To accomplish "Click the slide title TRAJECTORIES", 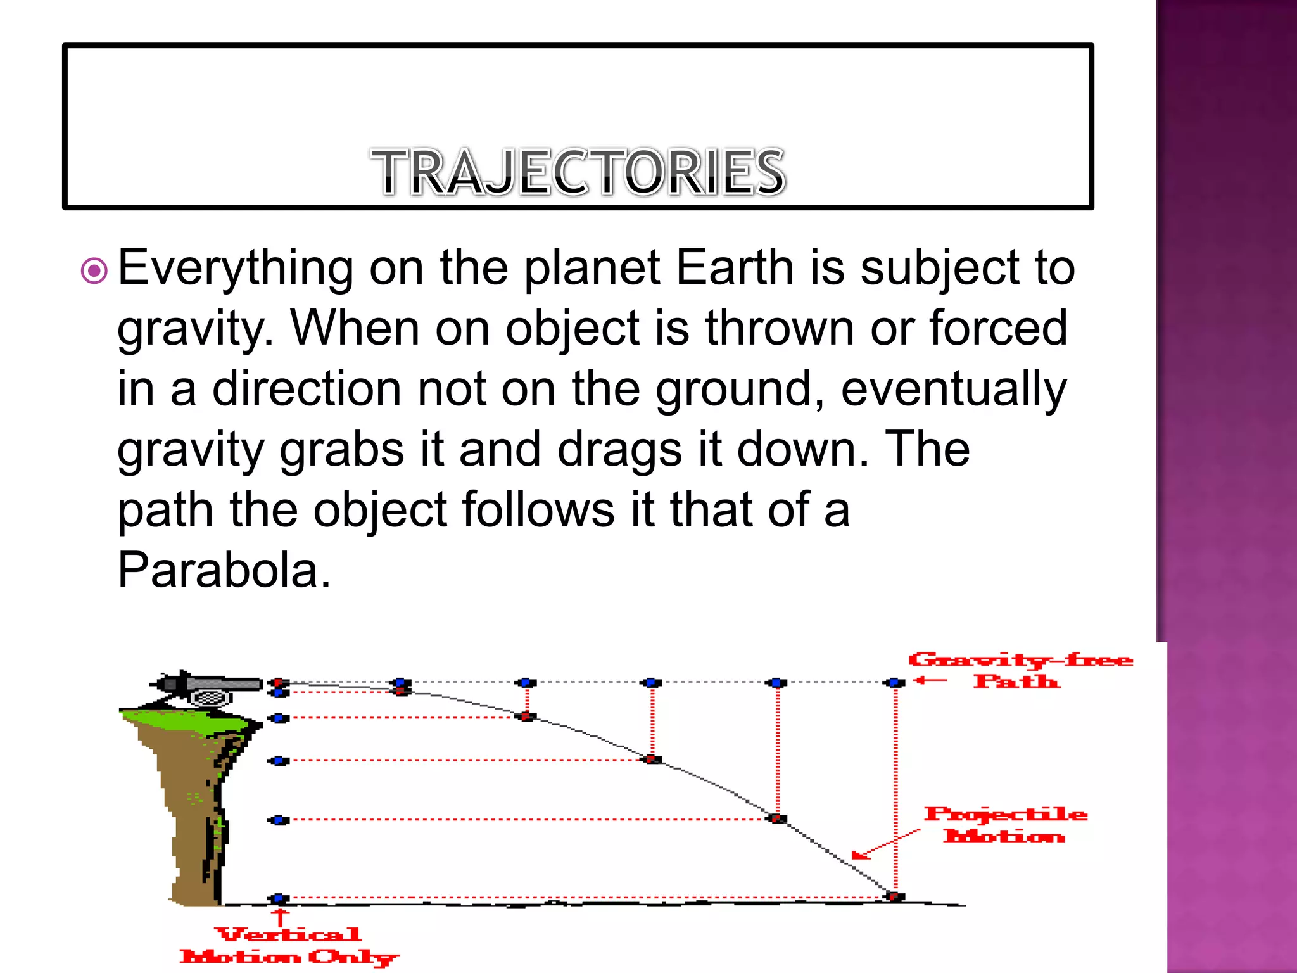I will [578, 172].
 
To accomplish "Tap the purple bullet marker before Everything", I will [94, 271].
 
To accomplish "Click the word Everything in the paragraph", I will [236, 269].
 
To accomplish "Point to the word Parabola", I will [224, 570].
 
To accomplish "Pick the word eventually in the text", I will [954, 390].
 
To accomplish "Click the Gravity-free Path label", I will [1020, 670].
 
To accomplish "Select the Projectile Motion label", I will [1005, 825].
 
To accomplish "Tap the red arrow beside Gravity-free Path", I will [930, 681].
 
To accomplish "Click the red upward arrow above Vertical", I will [279, 917].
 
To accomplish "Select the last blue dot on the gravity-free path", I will [895, 682].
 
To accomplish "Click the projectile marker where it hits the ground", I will [895, 896].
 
